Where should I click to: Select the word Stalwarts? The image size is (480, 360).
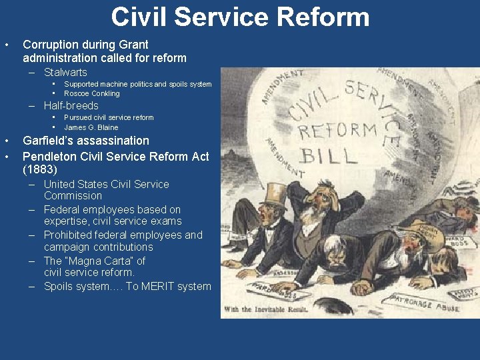65,72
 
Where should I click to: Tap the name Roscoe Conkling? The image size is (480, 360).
92,93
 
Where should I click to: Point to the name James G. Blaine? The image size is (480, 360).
91,127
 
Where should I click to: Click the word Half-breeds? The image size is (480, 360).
71,105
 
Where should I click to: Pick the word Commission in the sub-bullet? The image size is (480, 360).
73,196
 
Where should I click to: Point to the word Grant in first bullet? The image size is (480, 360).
133,45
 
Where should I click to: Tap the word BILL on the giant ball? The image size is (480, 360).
327,157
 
